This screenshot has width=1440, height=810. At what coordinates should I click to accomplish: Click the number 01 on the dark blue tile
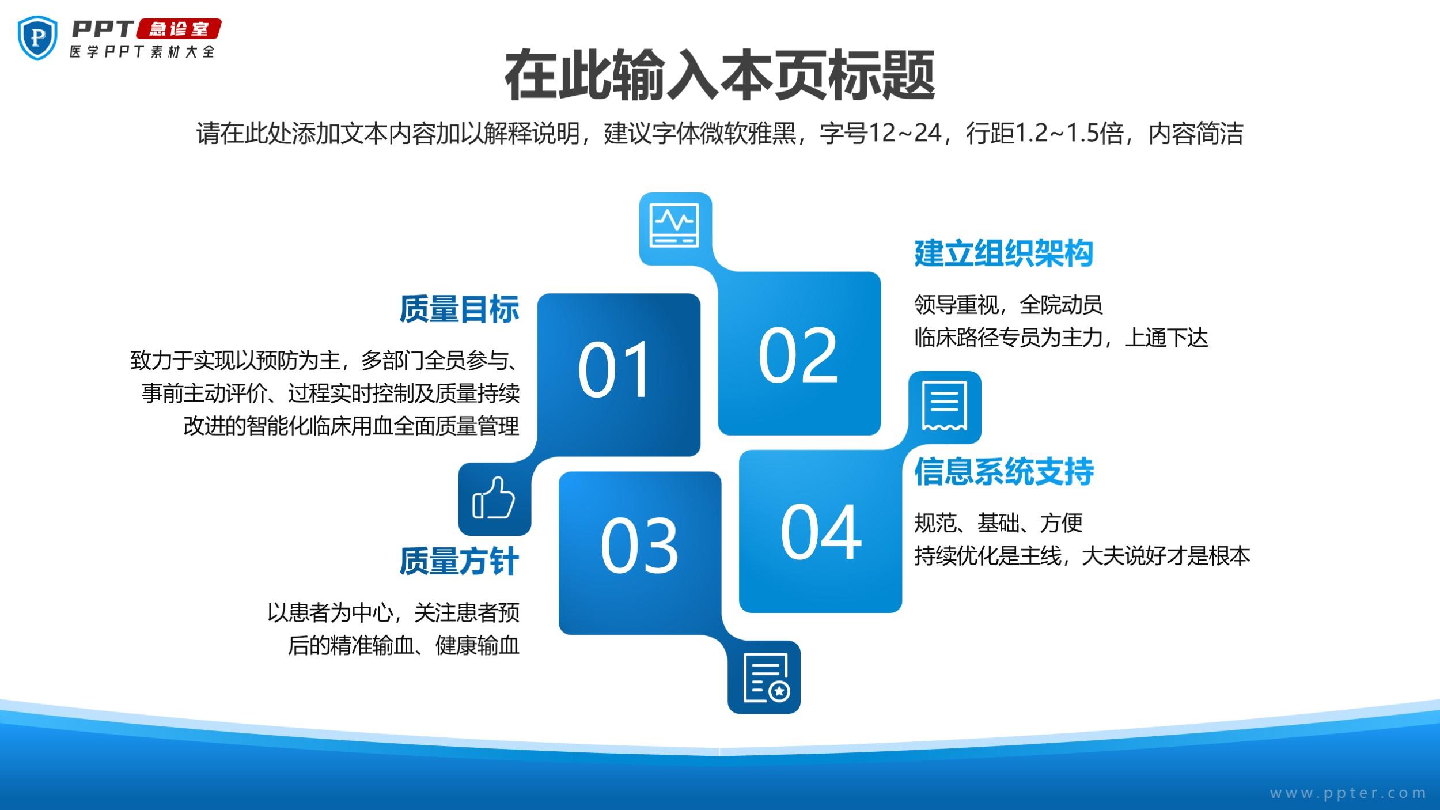[x=614, y=369]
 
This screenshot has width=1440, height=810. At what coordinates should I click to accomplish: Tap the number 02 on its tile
[x=798, y=355]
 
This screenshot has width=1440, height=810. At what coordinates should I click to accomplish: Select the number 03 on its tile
[x=639, y=545]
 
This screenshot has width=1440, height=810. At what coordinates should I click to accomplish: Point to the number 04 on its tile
[x=821, y=531]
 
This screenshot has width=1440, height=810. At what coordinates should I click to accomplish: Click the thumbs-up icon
[x=494, y=498]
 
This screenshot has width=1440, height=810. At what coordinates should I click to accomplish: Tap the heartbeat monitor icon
[x=675, y=225]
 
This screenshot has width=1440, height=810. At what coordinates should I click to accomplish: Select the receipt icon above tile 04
[x=945, y=406]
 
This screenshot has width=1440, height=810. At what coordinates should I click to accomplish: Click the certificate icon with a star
[x=766, y=678]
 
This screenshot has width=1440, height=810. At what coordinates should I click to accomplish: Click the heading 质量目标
[x=459, y=309]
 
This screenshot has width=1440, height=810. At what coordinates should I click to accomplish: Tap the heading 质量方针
[x=459, y=561]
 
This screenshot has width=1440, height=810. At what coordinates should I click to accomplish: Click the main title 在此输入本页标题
[x=719, y=75]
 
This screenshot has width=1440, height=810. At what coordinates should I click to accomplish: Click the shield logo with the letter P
[x=37, y=38]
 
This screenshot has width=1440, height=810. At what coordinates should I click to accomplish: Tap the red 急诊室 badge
[x=179, y=29]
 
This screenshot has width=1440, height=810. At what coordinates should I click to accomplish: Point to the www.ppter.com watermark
[x=1348, y=793]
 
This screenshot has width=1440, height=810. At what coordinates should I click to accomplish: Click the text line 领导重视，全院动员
[x=1008, y=305]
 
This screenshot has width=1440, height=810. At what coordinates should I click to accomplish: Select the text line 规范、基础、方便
[x=999, y=523]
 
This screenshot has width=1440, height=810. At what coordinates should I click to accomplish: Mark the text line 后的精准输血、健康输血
[x=404, y=645]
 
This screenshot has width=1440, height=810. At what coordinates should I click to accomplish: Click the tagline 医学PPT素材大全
[x=142, y=51]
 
